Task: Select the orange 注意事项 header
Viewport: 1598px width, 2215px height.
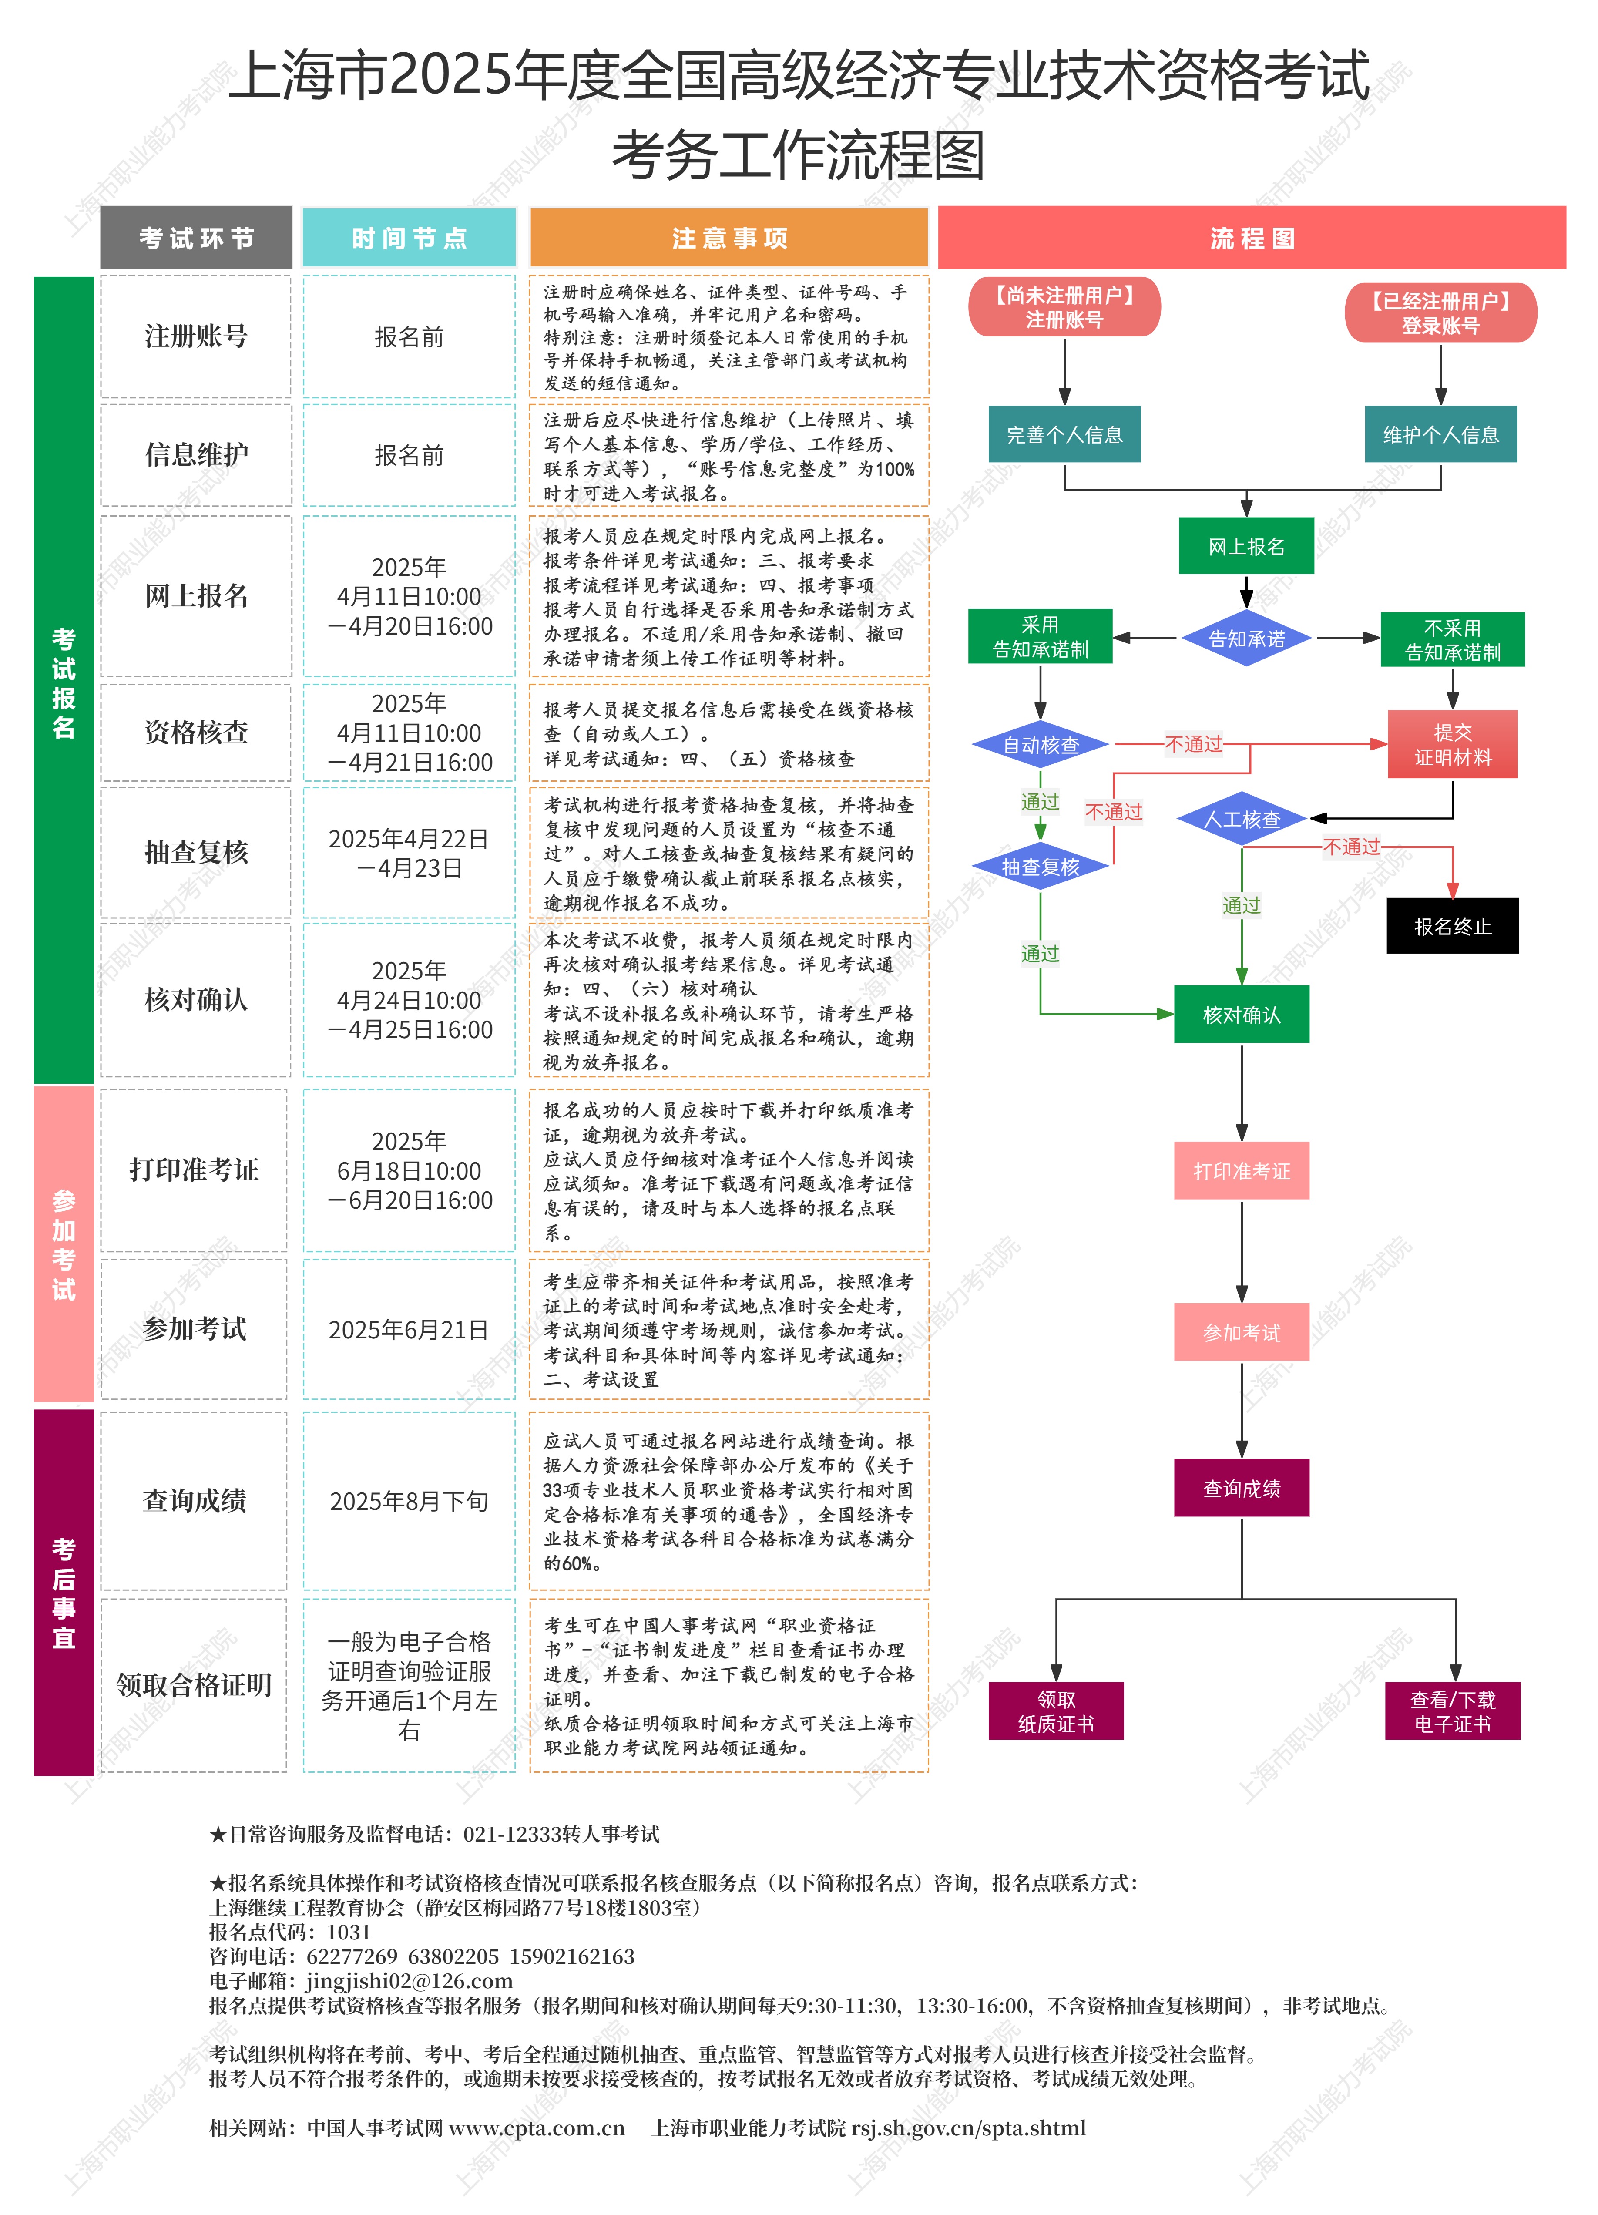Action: click(728, 237)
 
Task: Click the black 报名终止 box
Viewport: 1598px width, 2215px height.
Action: click(1453, 926)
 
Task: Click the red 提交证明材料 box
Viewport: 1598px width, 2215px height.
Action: click(1453, 744)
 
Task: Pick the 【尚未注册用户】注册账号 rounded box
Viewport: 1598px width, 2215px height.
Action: click(1064, 307)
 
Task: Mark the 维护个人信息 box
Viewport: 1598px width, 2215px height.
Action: click(1441, 435)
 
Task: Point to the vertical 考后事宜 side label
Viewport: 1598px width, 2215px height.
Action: click(64, 1592)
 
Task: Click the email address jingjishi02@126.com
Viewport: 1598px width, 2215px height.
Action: click(409, 1980)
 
